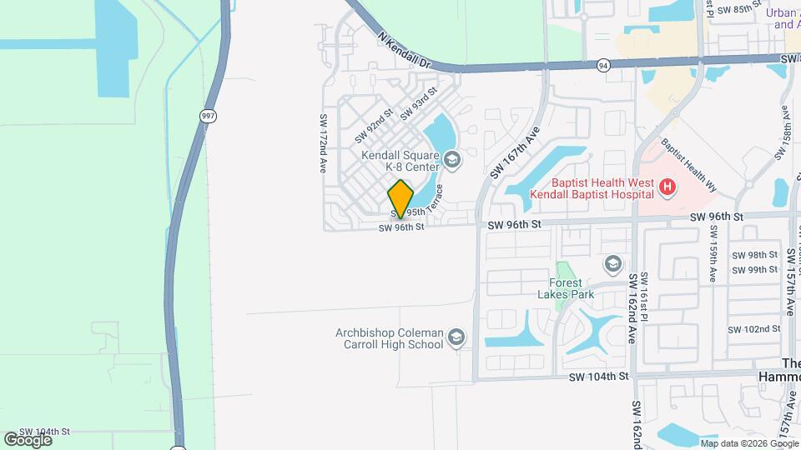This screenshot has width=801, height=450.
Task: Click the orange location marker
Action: pos(400,198)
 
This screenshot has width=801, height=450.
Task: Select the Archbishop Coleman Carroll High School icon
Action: pos(456,337)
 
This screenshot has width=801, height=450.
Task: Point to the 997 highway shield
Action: pos(208,116)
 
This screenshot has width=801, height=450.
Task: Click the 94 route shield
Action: pos(603,64)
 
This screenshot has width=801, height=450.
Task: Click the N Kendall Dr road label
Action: pos(403,51)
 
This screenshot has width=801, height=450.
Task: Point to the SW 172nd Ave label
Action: pos(322,143)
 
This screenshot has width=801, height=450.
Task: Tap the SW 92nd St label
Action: pos(373,126)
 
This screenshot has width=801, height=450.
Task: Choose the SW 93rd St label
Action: pos(418,103)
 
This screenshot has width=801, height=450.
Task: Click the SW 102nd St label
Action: pos(753,329)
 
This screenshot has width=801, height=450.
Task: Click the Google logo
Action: pos(28,439)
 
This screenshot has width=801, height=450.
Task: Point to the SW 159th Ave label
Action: pos(713,261)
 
